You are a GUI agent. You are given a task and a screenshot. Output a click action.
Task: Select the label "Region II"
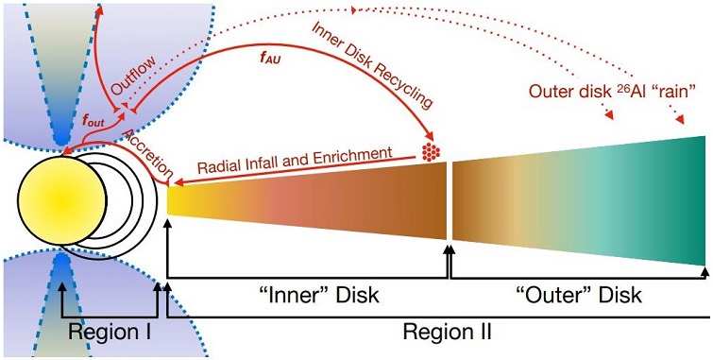[446, 333]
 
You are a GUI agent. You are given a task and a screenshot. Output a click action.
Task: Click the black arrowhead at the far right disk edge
[704, 272]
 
